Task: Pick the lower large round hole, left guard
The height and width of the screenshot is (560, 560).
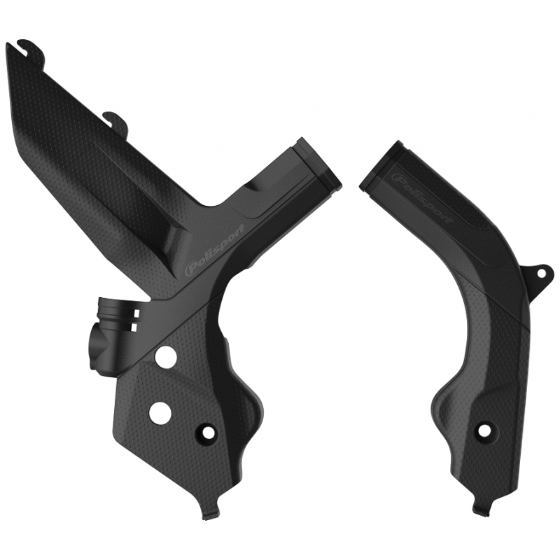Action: [x=159, y=412]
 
